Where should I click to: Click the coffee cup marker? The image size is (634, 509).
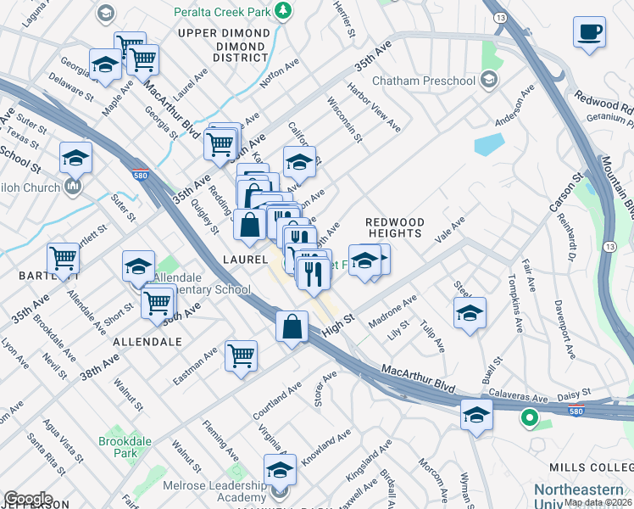coord(589,32)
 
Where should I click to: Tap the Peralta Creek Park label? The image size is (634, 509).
coord(225,12)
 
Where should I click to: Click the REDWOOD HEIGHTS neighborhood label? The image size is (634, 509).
coord(393,227)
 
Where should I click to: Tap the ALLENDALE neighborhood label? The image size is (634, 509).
coord(145,341)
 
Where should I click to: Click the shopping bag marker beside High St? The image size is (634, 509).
coord(292,327)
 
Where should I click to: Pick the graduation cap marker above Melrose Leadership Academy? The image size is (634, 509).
coord(280,468)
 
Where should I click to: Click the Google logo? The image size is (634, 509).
coord(28,498)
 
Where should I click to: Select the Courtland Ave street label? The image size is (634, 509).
coord(276,400)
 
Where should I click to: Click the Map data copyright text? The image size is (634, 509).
coord(598,502)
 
